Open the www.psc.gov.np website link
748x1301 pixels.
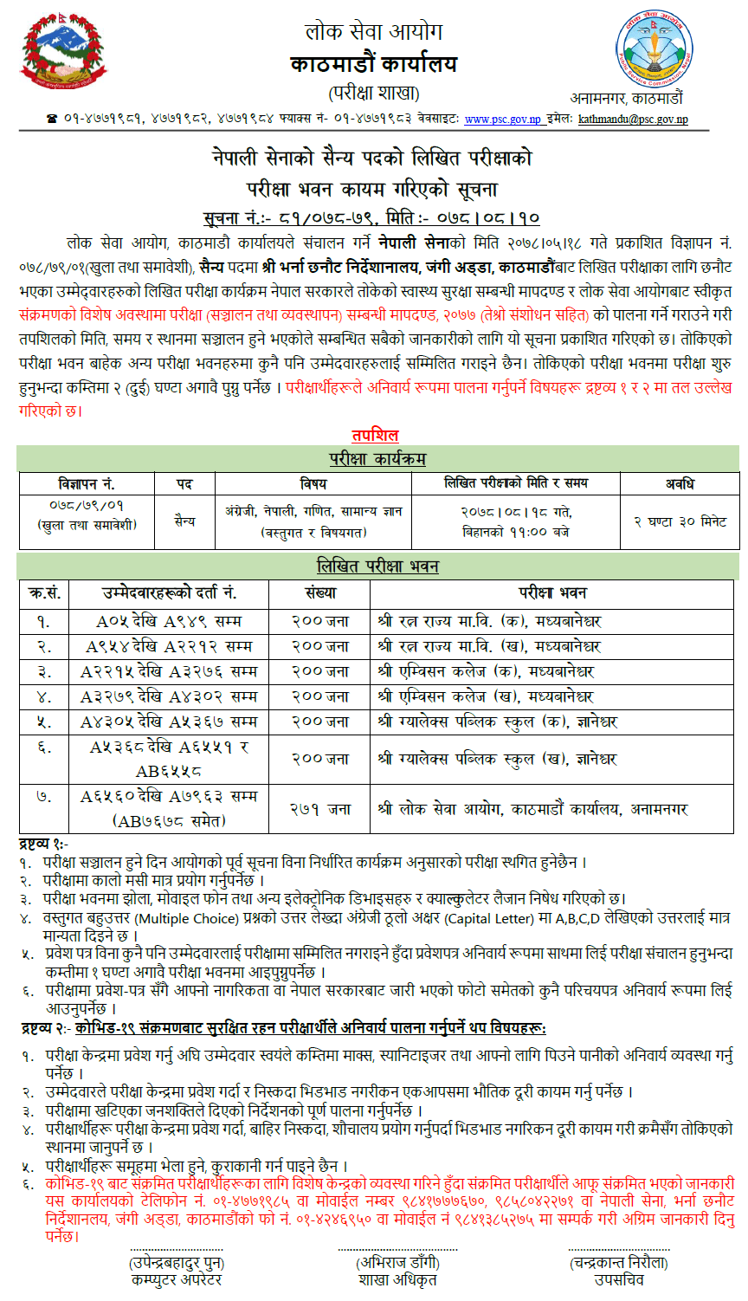(x=502, y=120)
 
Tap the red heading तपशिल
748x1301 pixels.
(x=375, y=435)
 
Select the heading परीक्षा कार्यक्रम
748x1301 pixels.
(x=377, y=459)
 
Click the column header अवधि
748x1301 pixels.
(x=680, y=483)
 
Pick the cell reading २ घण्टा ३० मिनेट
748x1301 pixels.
(x=680, y=521)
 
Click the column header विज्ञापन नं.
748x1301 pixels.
(x=87, y=483)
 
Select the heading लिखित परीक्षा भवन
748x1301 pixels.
(x=377, y=566)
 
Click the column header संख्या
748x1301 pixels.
(x=320, y=593)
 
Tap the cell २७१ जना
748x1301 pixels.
(x=320, y=809)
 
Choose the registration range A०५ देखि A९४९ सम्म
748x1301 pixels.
(x=169, y=621)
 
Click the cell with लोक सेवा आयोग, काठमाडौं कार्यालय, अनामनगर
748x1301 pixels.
(x=532, y=809)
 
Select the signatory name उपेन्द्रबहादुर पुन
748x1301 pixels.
(x=177, y=1263)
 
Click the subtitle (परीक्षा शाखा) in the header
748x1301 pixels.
(x=374, y=93)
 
